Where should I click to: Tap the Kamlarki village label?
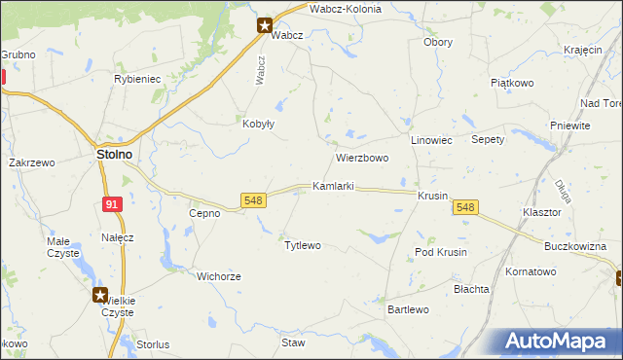coord(332,185)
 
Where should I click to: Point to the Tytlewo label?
coord(302,245)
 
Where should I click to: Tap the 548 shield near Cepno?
coord(253,200)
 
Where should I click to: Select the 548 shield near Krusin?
coord(465,207)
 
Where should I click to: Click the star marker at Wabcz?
coord(265,26)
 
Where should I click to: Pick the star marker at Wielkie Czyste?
coord(100,294)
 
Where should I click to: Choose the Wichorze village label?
coord(218,276)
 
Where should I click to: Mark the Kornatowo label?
coord(531,271)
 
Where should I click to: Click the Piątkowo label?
coord(511,84)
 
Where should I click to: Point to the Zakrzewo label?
coord(31,163)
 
